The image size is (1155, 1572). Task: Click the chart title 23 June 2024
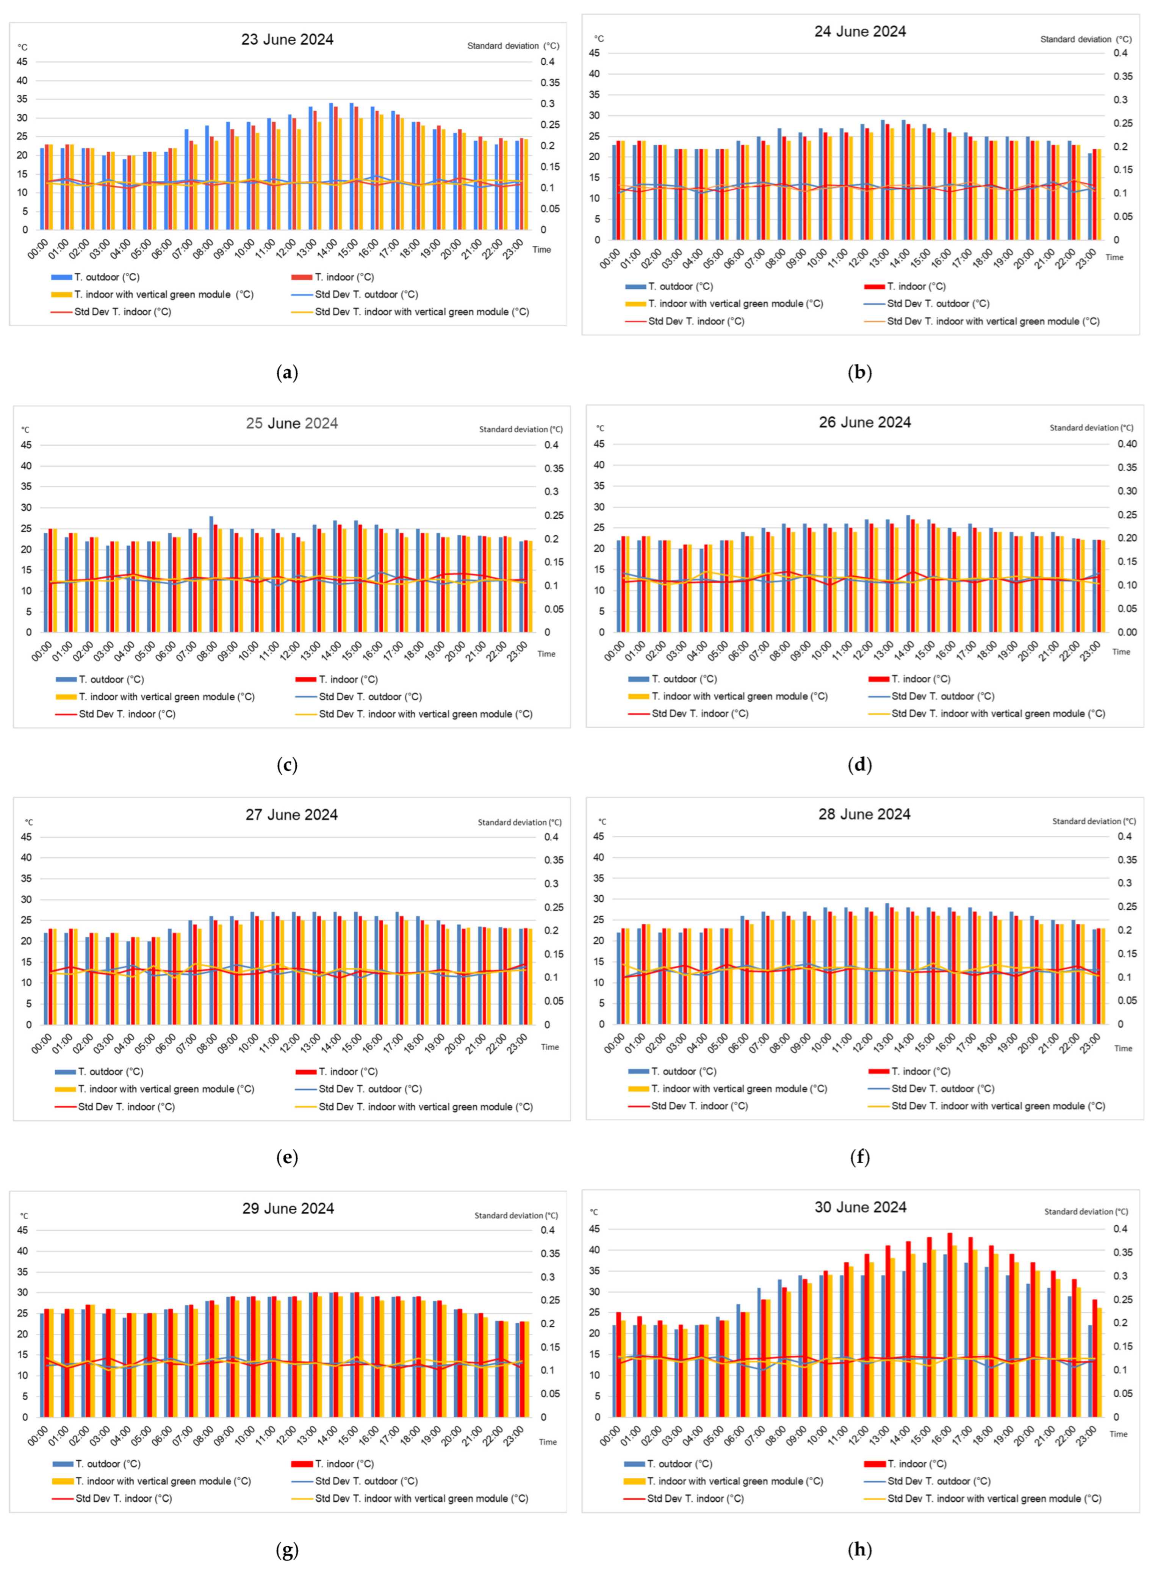287,39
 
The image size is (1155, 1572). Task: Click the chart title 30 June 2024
860,1207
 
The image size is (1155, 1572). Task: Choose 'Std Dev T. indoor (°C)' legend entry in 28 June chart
699,1106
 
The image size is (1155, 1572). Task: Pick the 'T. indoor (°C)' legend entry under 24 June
916,286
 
